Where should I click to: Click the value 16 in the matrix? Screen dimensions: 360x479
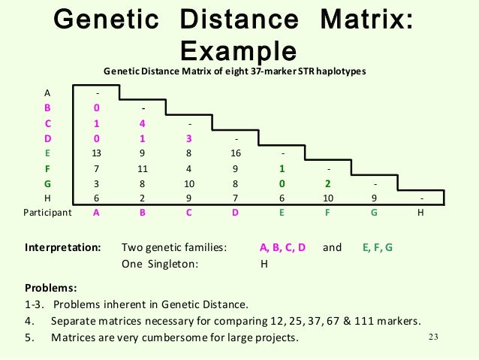236,153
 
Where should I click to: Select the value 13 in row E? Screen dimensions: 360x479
97,153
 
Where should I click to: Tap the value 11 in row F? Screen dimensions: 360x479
143,168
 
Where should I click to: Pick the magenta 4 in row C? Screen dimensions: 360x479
143,123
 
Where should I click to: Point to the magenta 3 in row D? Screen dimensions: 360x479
189,138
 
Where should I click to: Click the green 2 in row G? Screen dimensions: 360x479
328,183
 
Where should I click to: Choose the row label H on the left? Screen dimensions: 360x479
47,198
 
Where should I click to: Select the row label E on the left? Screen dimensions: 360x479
47,153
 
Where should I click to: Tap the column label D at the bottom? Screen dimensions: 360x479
236,213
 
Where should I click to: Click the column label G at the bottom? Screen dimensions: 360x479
375,213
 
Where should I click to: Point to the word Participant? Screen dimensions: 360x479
47,213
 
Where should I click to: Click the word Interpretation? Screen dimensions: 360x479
63,247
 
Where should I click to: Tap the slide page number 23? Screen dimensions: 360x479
432,336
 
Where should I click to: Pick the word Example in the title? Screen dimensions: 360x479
239,52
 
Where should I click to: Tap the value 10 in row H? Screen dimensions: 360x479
328,198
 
